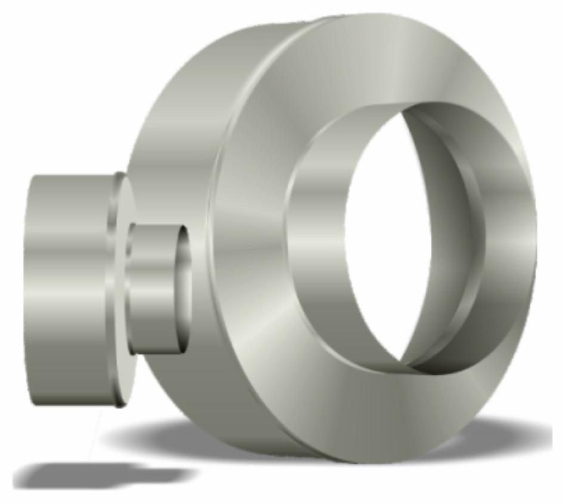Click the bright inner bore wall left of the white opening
pyautogui.click(x=316, y=238)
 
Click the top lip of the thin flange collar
pyautogui.click(x=120, y=176)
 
